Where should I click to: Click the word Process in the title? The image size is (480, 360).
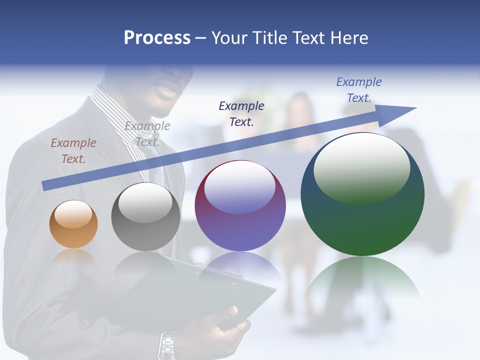[x=157, y=37]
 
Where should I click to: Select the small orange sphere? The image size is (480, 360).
[x=73, y=224]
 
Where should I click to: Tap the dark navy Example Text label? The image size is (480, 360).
[x=241, y=113]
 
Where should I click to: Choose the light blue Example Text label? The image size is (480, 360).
[x=358, y=90]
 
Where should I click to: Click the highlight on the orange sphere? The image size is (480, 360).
[x=73, y=214]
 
